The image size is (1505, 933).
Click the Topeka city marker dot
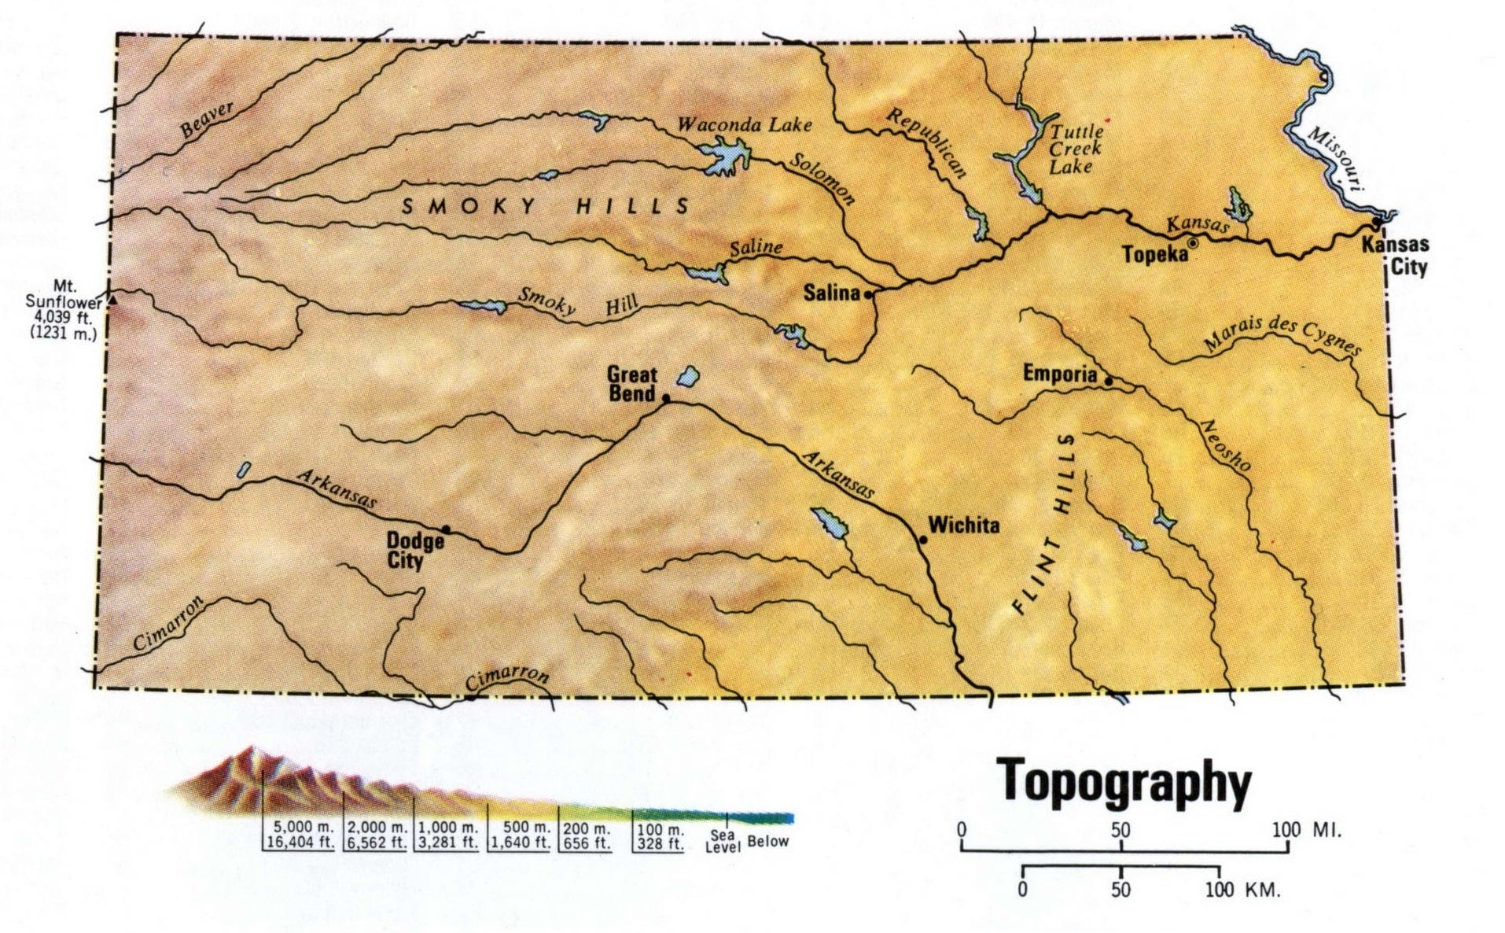pyautogui.click(x=1193, y=244)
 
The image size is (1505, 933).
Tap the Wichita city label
pyautogui.click(x=963, y=526)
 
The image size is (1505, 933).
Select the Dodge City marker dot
pyautogui.click(x=446, y=529)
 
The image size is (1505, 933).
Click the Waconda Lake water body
pyautogui.click(x=725, y=155)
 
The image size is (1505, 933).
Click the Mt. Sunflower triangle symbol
pyautogui.click(x=112, y=301)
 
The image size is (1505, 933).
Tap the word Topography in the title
pyautogui.click(x=1124, y=783)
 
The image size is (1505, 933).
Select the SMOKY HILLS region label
pyautogui.click(x=546, y=207)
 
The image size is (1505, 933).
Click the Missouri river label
pyautogui.click(x=1337, y=158)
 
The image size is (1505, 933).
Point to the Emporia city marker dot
pyautogui.click(x=1109, y=382)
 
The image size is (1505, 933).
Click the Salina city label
pyautogui.click(x=831, y=293)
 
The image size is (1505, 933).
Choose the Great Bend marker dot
pyautogui.click(x=666, y=399)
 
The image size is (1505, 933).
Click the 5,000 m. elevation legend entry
pyautogui.click(x=302, y=835)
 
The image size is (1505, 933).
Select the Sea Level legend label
pyautogui.click(x=722, y=841)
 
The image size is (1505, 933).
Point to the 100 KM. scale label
pyautogui.click(x=1242, y=890)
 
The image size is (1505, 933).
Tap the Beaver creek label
pyautogui.click(x=207, y=120)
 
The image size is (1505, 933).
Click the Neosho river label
pyautogui.click(x=1224, y=446)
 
